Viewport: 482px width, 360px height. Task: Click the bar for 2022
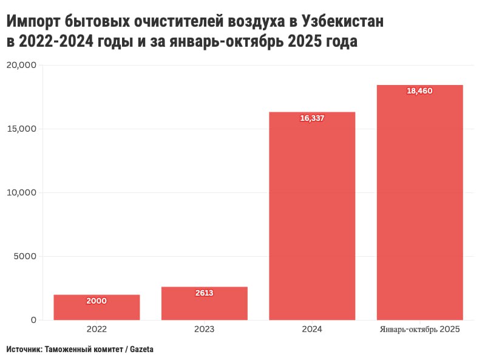[x=97, y=307]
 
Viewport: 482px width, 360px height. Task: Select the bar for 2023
[x=205, y=303]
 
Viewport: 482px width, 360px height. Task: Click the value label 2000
[x=97, y=301]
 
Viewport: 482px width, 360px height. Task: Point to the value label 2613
[x=205, y=293]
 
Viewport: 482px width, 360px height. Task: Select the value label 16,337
[x=312, y=118]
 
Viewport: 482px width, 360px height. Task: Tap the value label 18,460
[x=420, y=91]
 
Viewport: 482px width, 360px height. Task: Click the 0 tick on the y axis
[x=34, y=320]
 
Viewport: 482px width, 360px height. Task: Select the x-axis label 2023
[x=205, y=330]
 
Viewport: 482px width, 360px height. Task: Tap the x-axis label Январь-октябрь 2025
[x=420, y=330]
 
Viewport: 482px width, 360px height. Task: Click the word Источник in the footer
[x=24, y=350]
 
